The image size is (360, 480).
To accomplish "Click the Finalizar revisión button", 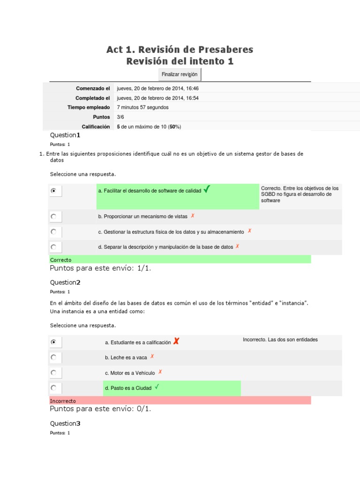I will (180, 75).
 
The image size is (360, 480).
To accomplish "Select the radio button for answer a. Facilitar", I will (53, 191).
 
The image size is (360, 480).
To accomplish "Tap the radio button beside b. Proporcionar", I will (53, 217).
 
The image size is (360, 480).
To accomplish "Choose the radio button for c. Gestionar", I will (53, 232).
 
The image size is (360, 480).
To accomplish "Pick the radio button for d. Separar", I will (53, 247).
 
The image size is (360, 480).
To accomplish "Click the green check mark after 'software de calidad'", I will (207, 189).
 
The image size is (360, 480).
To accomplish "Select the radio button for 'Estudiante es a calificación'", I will (53, 342).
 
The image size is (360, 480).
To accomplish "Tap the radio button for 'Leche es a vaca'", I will (53, 357).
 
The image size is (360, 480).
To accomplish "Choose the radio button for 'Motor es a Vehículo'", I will (53, 373).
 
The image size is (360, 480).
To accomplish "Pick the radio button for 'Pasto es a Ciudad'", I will (53, 388).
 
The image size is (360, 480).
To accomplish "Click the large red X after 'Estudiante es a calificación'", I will (176, 341).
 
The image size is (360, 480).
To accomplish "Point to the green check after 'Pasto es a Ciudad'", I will (157, 387).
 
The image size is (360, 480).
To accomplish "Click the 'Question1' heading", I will (65, 135).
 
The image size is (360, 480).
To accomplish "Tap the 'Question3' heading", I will (65, 423).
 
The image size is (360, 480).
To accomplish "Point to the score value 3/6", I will (121, 117).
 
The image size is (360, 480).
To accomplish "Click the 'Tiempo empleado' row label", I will (89, 107).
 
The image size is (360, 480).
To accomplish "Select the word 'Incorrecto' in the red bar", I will (63, 401).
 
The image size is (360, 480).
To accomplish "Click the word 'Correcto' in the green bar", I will (61, 260).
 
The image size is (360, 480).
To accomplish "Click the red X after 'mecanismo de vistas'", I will (193, 216).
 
